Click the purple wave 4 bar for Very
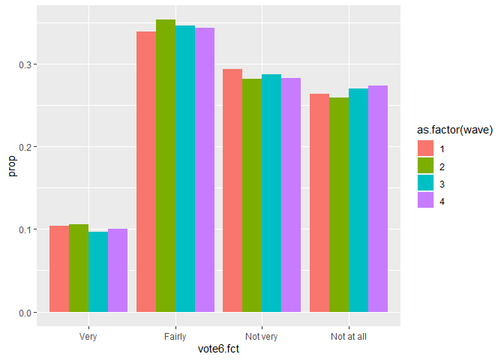(x=117, y=270)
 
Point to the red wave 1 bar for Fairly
(x=145, y=172)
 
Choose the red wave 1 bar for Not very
(x=232, y=190)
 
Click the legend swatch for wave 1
(x=426, y=148)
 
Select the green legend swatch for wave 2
(x=426, y=166)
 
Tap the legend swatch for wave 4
(x=426, y=201)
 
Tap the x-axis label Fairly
(x=175, y=336)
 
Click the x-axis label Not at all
(x=349, y=336)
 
